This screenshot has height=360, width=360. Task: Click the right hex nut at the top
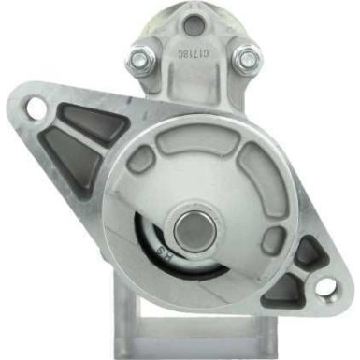246,59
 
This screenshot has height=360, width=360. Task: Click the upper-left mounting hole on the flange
36,108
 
